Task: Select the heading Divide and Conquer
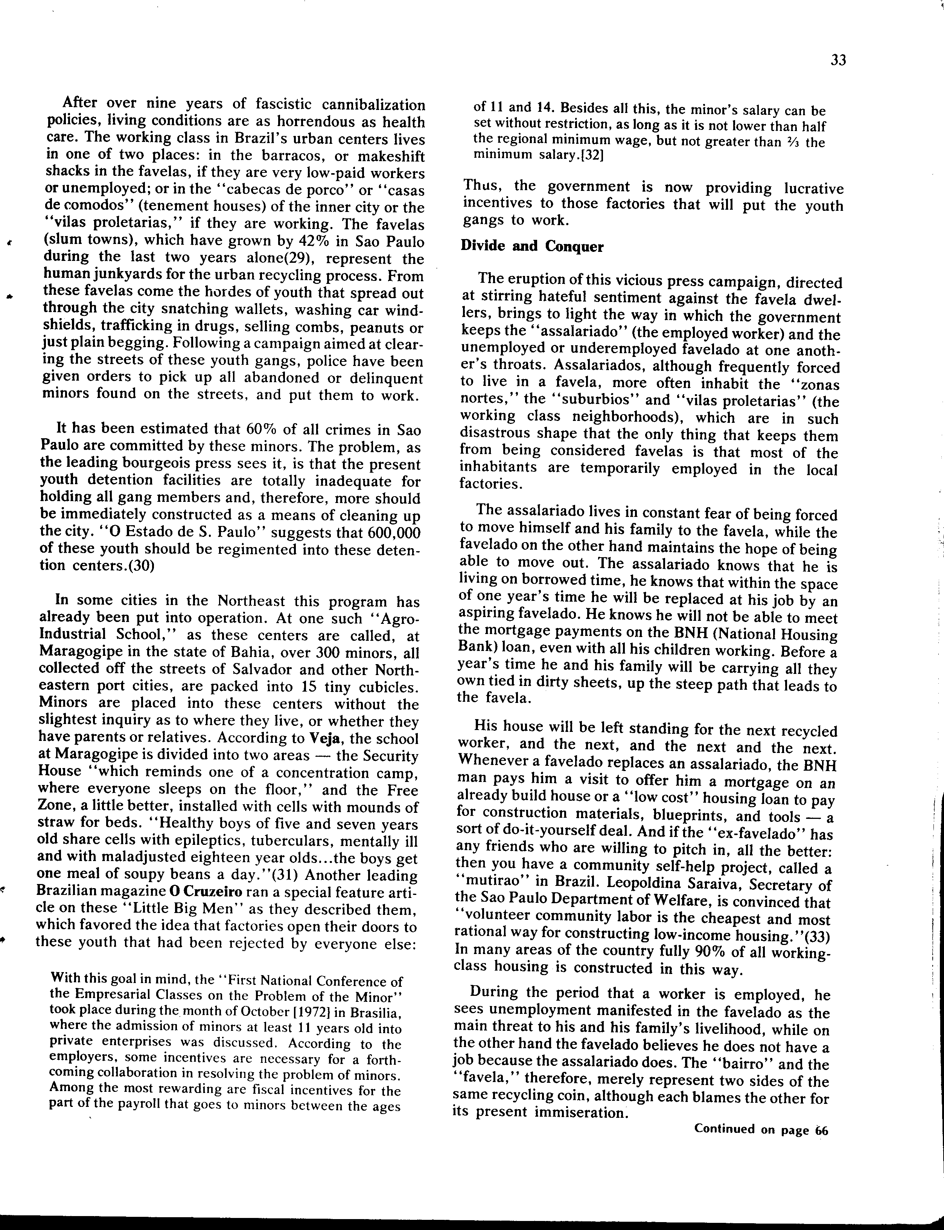tap(531, 247)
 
